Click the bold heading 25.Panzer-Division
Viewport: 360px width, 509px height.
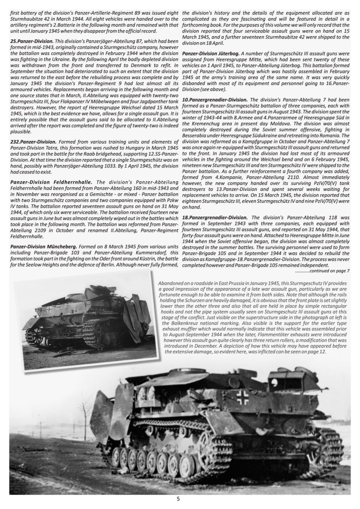coord(32,41)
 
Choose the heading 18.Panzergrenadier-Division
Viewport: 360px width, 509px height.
coord(215,218)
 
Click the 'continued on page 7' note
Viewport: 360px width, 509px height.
coord(322,271)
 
